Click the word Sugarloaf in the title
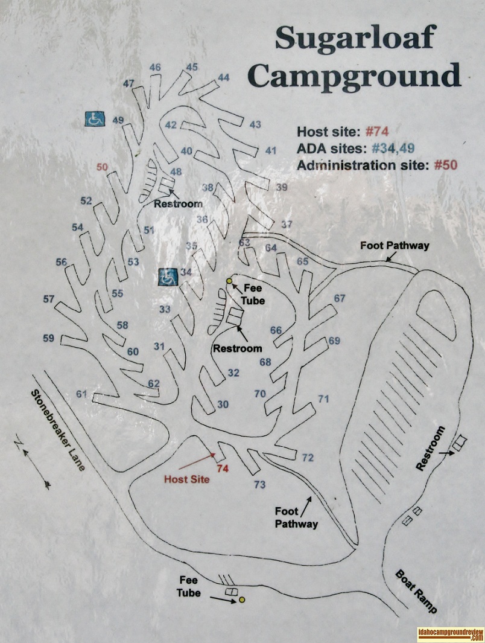(354, 39)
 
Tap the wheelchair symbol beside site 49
(94, 119)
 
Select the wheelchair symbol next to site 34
(167, 277)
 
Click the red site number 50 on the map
(102, 167)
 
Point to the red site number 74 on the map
(223, 467)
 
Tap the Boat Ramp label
(416, 591)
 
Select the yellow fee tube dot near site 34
(229, 281)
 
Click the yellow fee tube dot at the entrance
(242, 600)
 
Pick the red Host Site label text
(187, 479)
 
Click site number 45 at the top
(192, 67)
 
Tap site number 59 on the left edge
(49, 338)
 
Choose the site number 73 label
(260, 484)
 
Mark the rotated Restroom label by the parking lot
(431, 449)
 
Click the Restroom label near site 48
(178, 203)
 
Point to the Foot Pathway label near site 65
(395, 245)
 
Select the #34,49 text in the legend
(393, 149)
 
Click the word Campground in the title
(355, 77)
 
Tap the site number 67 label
(340, 298)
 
